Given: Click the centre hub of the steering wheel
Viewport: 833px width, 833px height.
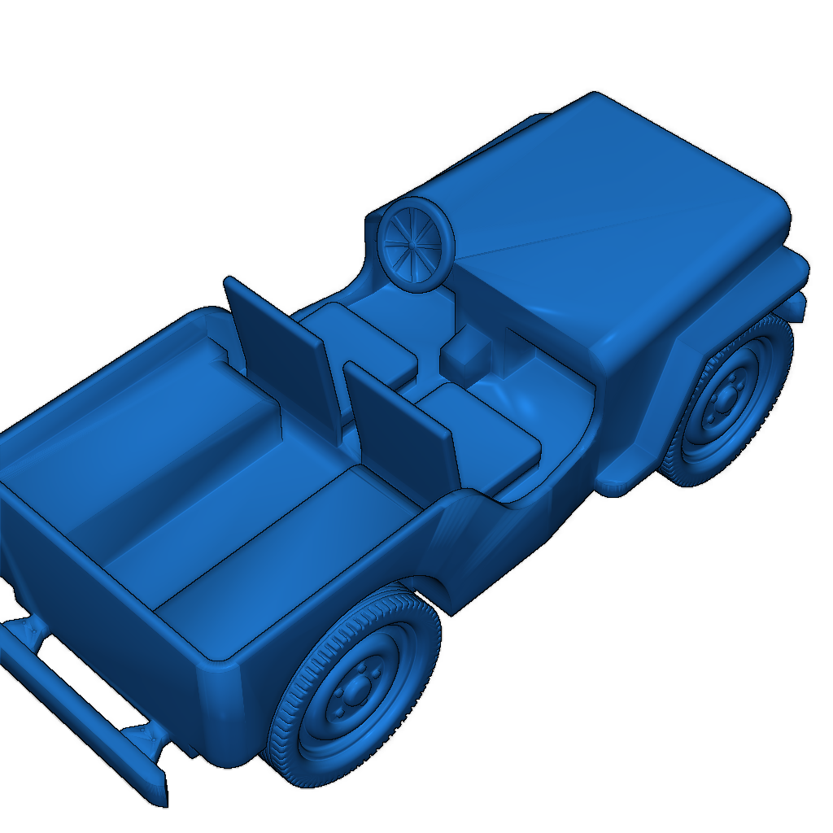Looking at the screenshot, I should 416,242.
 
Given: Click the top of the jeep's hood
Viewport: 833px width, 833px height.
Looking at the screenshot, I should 618,220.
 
